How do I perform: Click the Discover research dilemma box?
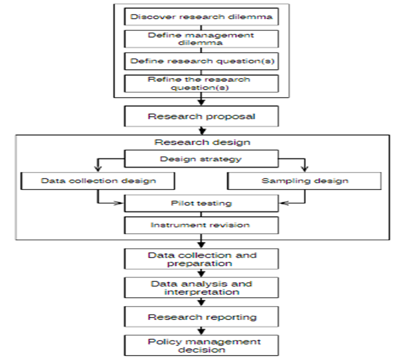click(x=202, y=17)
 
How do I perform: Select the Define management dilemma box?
click(x=202, y=39)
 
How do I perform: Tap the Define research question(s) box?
click(x=202, y=61)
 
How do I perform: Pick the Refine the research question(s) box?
click(x=202, y=84)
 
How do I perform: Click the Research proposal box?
click(x=202, y=116)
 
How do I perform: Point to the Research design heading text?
click(x=202, y=143)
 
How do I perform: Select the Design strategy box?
click(x=202, y=159)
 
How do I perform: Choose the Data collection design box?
click(x=98, y=180)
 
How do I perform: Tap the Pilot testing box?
click(x=202, y=204)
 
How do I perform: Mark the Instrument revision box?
click(x=202, y=226)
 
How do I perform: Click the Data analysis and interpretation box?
click(x=202, y=288)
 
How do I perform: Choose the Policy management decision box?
click(x=202, y=345)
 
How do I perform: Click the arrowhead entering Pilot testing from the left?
click(x=121, y=204)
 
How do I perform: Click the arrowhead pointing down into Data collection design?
click(x=98, y=169)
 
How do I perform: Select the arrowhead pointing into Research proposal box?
click(x=202, y=103)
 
